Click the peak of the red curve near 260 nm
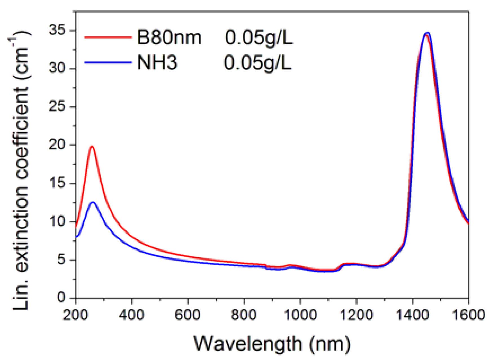[x=92, y=146]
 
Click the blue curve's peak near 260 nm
[x=93, y=202]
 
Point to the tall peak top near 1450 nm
[x=427, y=33]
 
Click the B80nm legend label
[x=169, y=38]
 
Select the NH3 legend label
[x=157, y=63]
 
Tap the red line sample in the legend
[x=108, y=37]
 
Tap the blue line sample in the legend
[x=108, y=62]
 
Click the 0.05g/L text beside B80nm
[x=259, y=38]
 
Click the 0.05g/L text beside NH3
[x=257, y=63]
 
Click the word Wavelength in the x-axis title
[x=248, y=344]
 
